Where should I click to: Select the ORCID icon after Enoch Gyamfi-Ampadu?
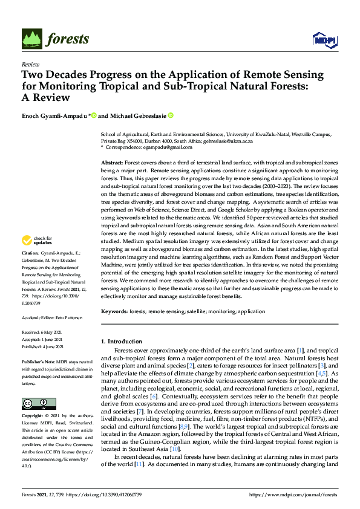94,115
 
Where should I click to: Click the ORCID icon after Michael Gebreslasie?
171,115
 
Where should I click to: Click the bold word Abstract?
111,163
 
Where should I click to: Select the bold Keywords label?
114,311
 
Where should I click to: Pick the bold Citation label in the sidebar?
30,268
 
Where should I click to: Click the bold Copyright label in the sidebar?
33,400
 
